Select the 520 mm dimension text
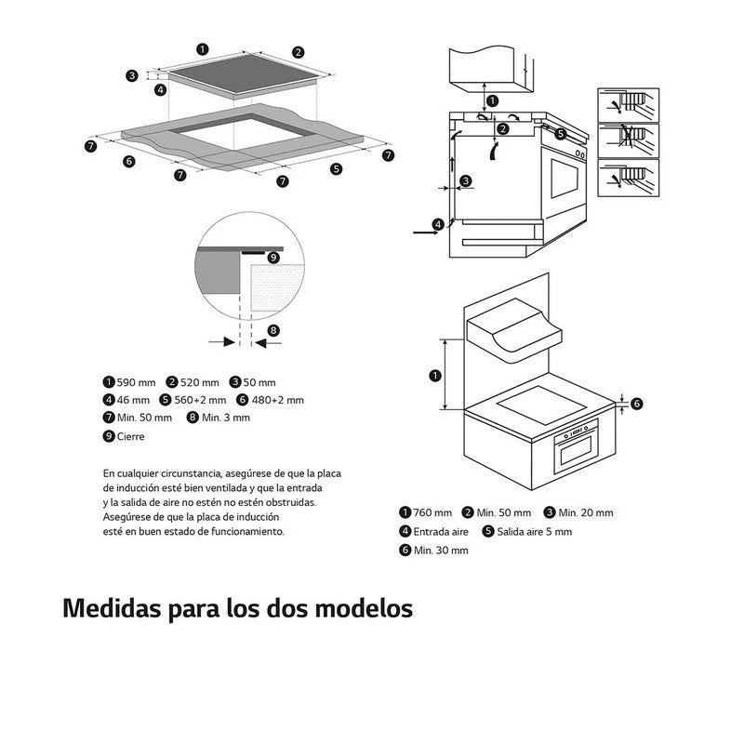coord(200,382)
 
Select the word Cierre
coord(130,435)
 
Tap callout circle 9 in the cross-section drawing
coord(272,257)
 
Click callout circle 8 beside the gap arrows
coord(273,330)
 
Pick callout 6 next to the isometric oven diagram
coord(637,403)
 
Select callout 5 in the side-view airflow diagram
coord(560,134)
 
